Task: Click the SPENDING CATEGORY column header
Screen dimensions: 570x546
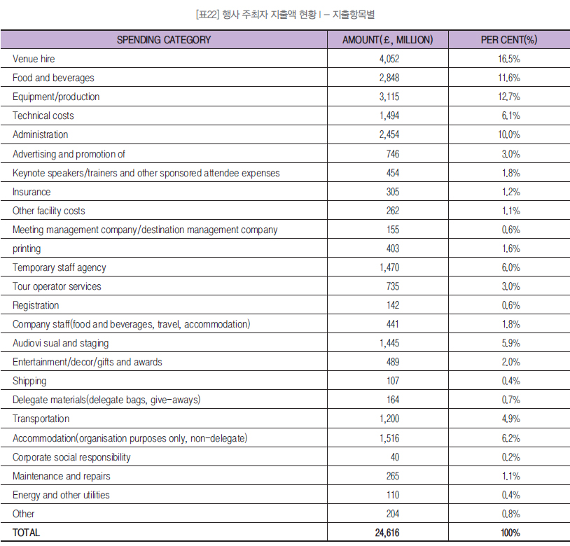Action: point(164,40)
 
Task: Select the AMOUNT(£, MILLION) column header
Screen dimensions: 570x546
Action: point(387,40)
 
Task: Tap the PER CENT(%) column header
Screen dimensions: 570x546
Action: point(509,40)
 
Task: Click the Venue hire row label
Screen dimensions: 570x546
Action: point(34,59)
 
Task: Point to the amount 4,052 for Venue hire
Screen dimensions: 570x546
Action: point(389,59)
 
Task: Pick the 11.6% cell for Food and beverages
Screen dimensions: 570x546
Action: point(509,78)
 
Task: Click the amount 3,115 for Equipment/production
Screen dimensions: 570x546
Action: point(389,97)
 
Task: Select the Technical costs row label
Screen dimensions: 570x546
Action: point(43,115)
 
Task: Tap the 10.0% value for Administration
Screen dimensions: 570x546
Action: point(509,134)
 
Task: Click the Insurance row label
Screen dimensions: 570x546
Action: point(32,192)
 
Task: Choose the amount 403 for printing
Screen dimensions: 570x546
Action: point(393,248)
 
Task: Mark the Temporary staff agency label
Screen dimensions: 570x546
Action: point(60,267)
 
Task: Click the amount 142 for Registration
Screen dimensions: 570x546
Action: point(393,305)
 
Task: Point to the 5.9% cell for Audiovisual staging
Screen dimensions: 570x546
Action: point(510,343)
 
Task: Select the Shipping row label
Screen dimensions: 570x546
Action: point(29,381)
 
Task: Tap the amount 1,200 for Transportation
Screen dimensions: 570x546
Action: point(389,419)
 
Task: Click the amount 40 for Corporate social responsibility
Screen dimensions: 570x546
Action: point(395,457)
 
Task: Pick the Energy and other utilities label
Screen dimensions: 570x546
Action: point(61,495)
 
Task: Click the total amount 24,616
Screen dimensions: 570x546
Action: point(387,533)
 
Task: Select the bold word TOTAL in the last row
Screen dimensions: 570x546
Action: point(26,533)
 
